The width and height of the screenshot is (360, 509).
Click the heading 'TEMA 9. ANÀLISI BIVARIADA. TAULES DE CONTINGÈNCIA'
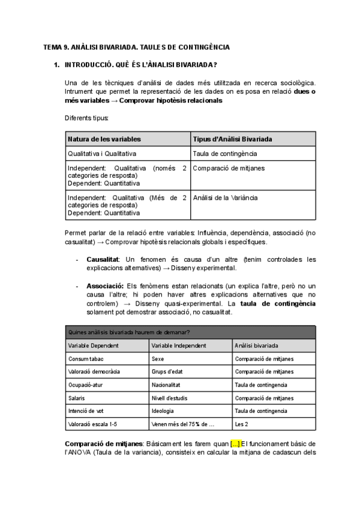137,47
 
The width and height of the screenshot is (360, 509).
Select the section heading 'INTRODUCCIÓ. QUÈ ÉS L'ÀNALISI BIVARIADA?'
140,64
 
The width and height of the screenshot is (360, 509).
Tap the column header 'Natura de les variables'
104,139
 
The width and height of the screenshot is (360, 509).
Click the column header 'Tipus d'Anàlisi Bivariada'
232,139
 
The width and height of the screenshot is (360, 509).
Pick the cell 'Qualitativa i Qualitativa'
102,154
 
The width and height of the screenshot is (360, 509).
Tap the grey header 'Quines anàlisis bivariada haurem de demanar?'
131,331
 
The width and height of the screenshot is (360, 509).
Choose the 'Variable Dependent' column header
93,346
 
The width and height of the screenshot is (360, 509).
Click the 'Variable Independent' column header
179,346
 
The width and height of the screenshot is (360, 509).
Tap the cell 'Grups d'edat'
167,372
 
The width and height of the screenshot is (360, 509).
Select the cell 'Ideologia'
163,411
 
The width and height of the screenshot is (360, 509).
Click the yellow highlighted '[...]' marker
235,444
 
